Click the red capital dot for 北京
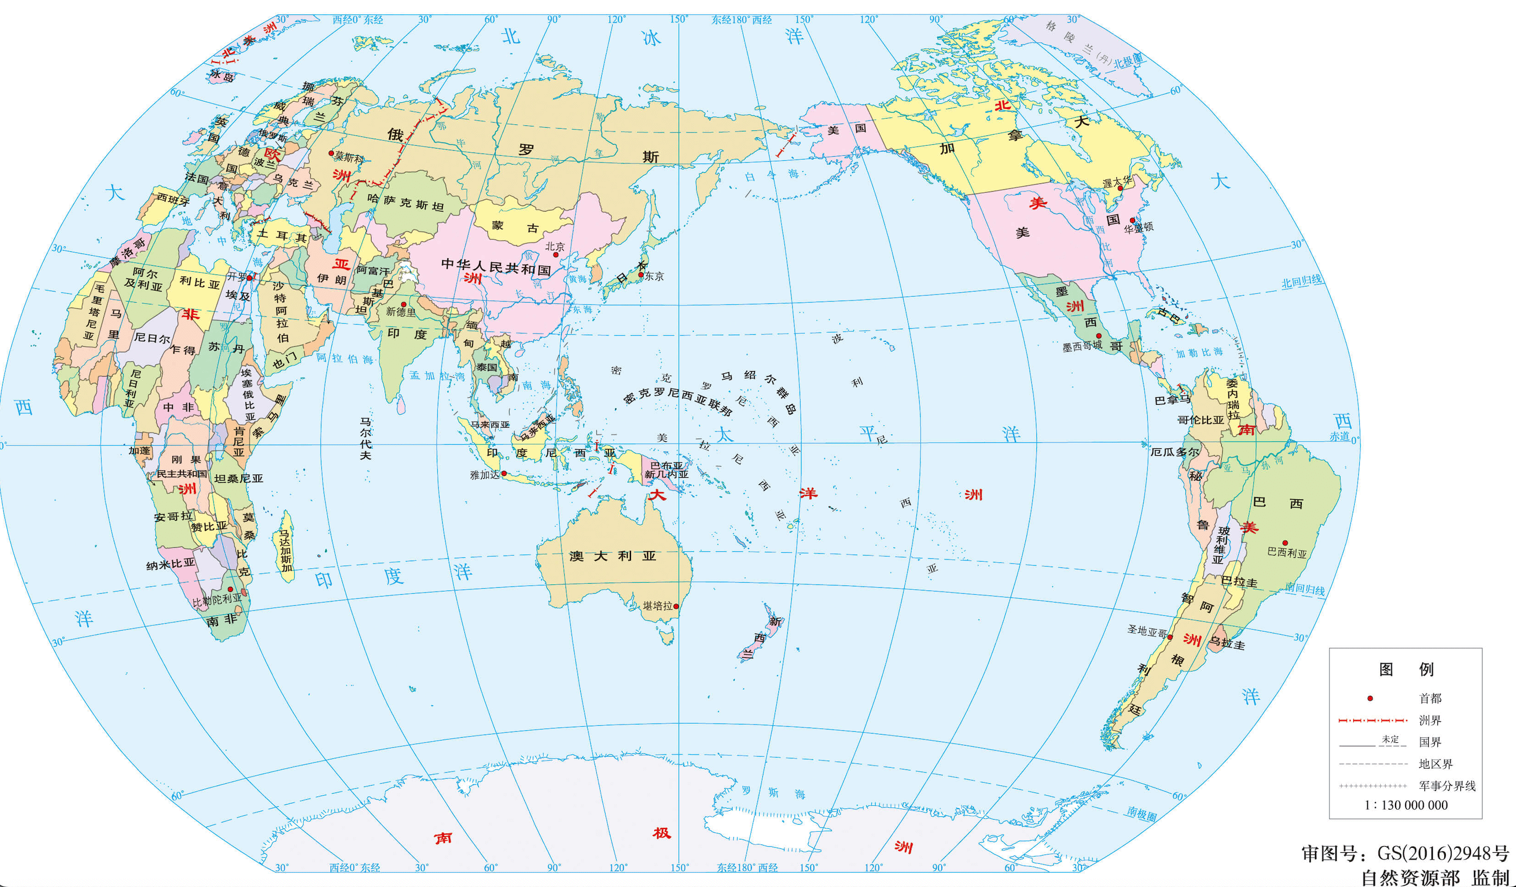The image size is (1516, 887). pyautogui.click(x=556, y=255)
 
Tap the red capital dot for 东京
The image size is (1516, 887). pyautogui.click(x=642, y=275)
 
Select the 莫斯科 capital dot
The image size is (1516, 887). pyautogui.click(x=331, y=154)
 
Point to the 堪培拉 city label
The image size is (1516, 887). pyautogui.click(x=657, y=606)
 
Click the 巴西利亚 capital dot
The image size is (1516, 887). pyautogui.click(x=1284, y=543)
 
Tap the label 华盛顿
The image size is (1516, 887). pyautogui.click(x=1139, y=228)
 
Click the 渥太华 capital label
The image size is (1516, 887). pyautogui.click(x=1116, y=181)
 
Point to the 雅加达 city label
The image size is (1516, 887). pyautogui.click(x=484, y=475)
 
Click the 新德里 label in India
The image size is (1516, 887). pyautogui.click(x=401, y=311)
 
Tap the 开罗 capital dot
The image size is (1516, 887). pyautogui.click(x=249, y=277)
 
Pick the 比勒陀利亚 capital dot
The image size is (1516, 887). pyautogui.click(x=230, y=589)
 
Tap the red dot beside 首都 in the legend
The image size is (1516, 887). pyautogui.click(x=1370, y=699)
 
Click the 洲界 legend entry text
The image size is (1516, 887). pyautogui.click(x=1430, y=720)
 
